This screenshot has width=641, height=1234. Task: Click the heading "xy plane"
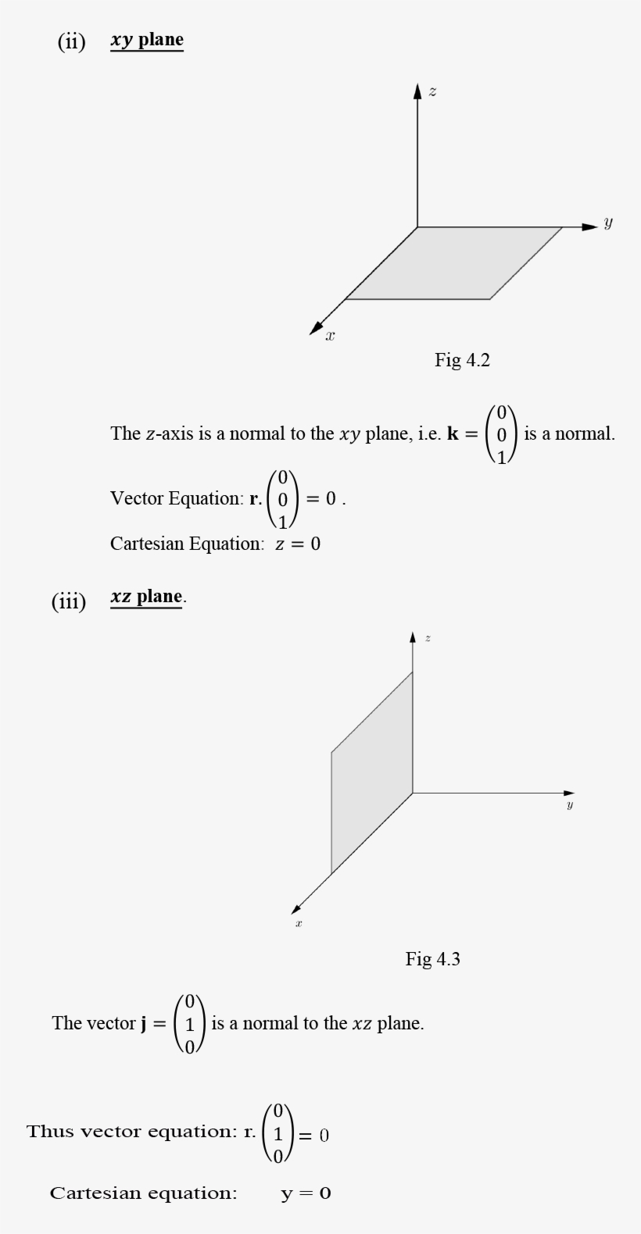click(x=147, y=40)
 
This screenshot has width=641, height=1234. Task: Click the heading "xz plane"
click(x=147, y=597)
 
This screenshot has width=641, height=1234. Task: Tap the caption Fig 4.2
click(x=462, y=360)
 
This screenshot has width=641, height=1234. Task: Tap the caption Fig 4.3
click(x=432, y=959)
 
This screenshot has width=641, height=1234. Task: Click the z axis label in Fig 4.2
click(x=432, y=92)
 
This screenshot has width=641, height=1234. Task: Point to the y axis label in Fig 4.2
click(x=608, y=223)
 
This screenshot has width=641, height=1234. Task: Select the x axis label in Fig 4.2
click(x=330, y=336)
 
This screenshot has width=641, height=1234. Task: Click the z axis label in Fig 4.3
click(x=428, y=639)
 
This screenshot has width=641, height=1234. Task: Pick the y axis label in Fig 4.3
click(x=570, y=805)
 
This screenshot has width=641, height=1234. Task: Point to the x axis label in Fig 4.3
click(x=299, y=924)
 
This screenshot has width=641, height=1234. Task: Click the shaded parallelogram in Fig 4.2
click(x=453, y=263)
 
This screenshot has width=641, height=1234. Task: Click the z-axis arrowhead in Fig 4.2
click(x=417, y=92)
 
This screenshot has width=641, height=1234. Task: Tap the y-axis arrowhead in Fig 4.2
click(x=590, y=227)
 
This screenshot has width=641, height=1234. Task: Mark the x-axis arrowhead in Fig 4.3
click(x=296, y=908)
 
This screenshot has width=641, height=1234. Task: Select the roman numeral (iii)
click(x=69, y=601)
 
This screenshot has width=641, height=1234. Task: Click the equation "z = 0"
click(x=297, y=544)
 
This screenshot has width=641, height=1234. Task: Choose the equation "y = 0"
click(x=306, y=1193)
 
